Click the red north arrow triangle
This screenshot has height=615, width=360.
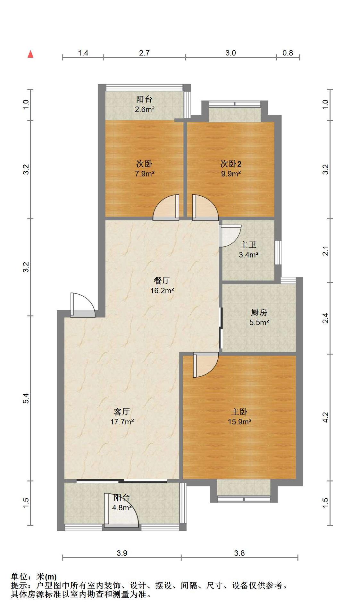point(30,54)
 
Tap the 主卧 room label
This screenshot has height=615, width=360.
point(239,412)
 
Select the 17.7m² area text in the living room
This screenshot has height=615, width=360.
point(122,422)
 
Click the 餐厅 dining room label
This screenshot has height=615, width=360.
point(162,281)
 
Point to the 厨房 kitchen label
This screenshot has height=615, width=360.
point(259,312)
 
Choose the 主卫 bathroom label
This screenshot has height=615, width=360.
point(248,245)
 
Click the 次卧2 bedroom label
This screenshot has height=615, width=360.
point(231,164)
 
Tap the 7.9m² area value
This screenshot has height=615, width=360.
point(145,174)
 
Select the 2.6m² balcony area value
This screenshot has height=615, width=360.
point(145,109)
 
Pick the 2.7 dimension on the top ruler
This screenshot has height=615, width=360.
point(144,53)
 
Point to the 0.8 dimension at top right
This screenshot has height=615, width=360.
point(288,53)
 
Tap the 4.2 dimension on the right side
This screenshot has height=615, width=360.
point(325,417)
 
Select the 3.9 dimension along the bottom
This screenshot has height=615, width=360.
point(122,553)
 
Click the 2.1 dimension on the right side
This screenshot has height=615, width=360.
point(325,250)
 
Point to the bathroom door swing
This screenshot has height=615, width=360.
point(230,236)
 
